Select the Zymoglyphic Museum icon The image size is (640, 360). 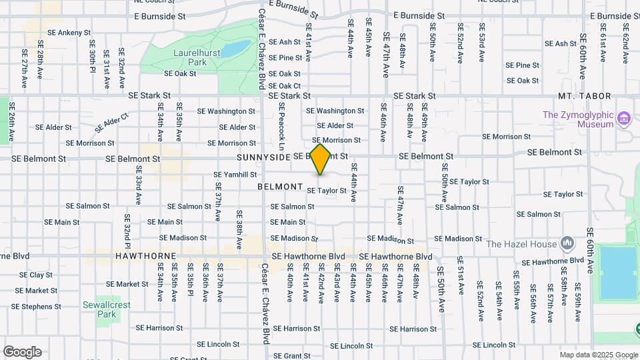coord(624,119)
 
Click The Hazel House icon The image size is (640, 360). coord(567,243)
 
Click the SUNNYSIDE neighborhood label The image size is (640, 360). coord(263,157)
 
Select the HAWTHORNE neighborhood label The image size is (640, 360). coord(145,256)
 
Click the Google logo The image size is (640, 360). coord(22,351)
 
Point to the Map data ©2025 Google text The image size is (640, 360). coord(598,355)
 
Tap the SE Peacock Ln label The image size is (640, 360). coord(282,127)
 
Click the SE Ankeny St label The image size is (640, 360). coord(69,32)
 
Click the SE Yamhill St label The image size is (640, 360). coord(235,175)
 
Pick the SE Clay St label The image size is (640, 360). coord(36,275)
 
